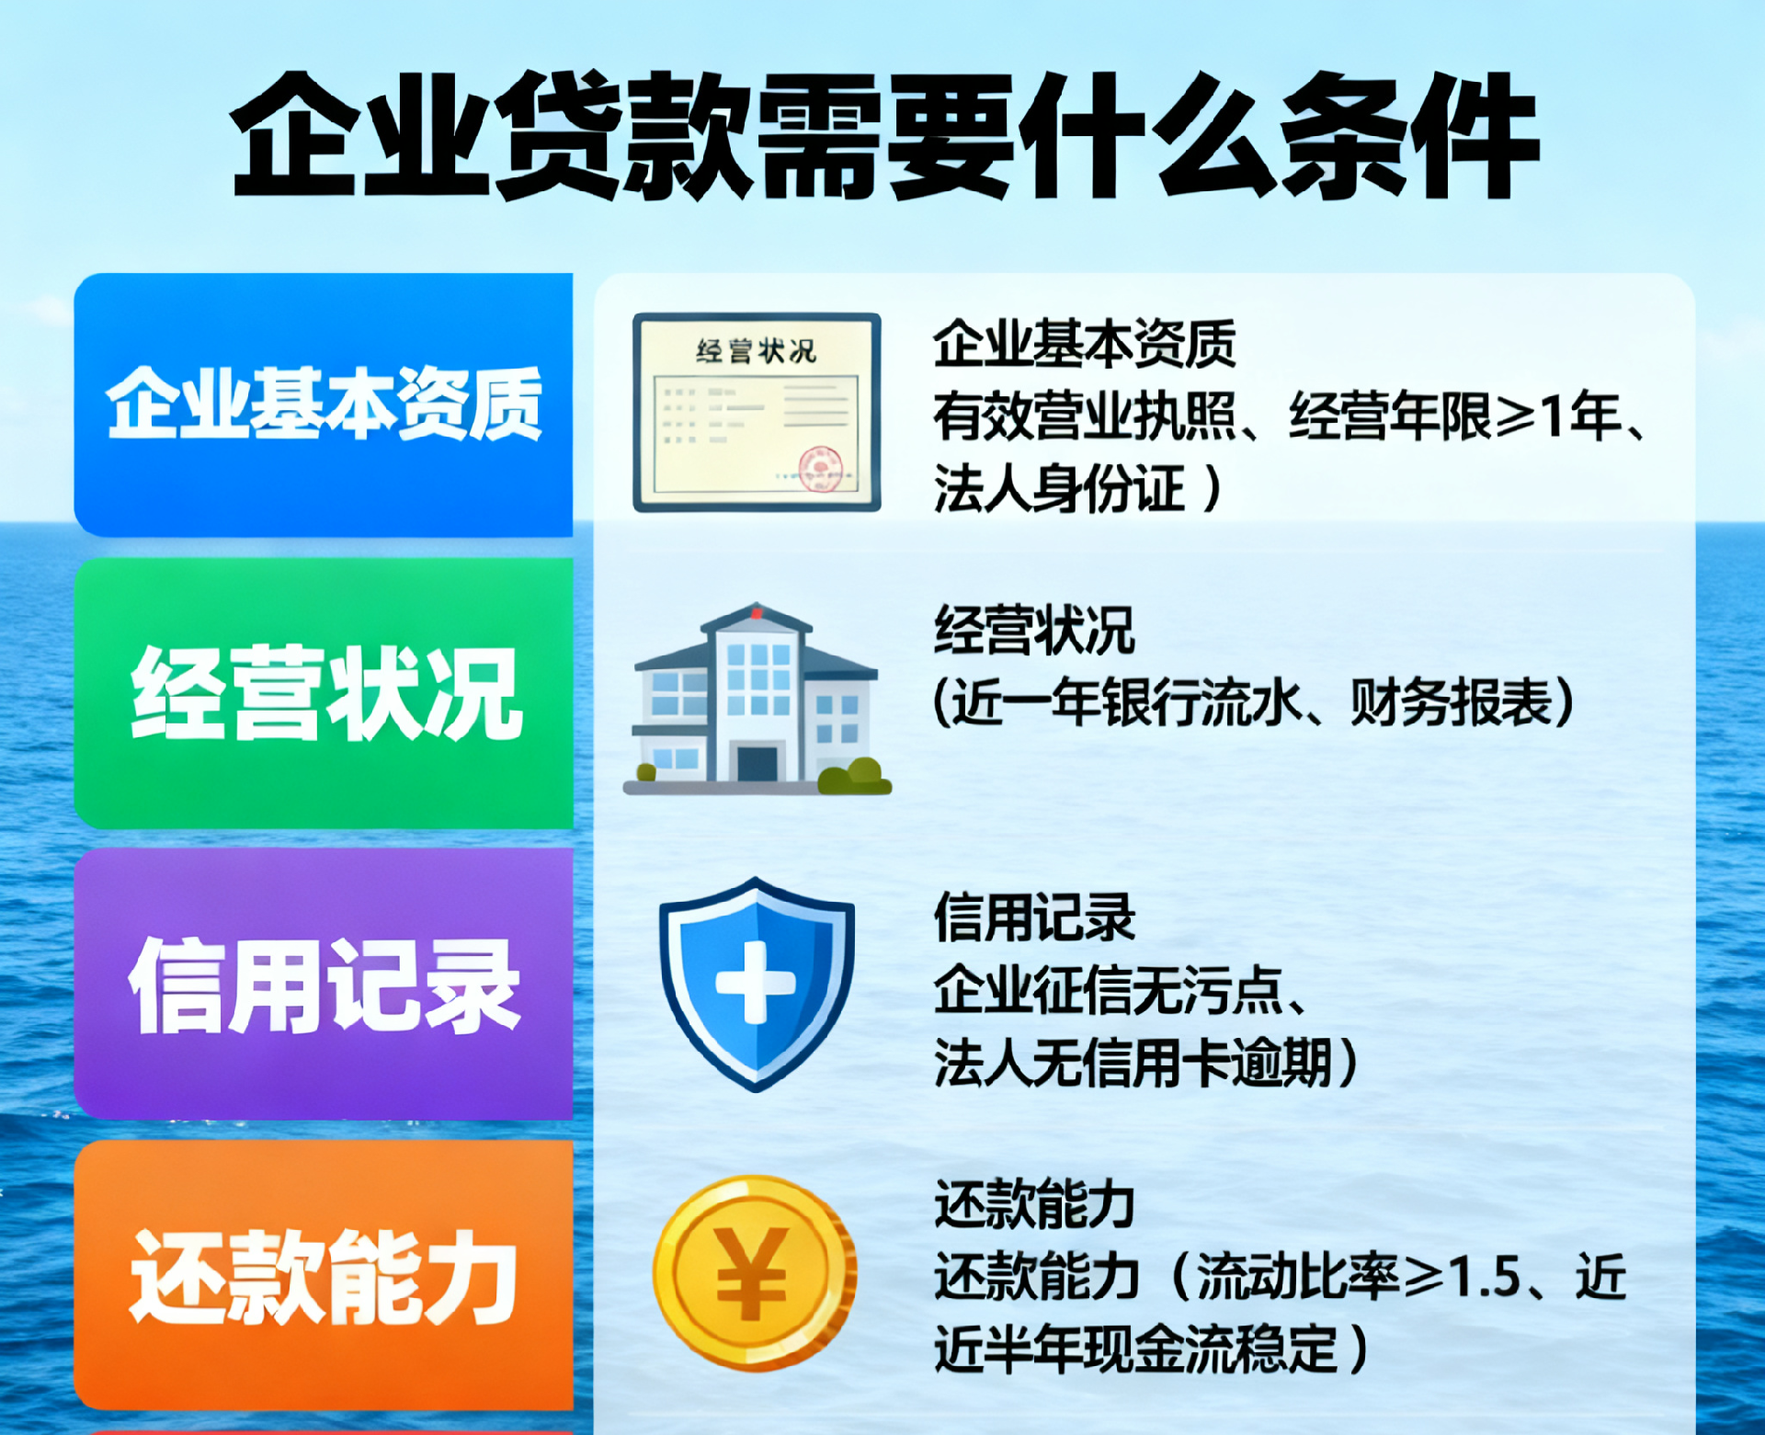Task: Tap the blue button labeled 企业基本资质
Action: [324, 404]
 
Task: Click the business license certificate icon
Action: [757, 412]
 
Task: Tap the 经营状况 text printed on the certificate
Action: [757, 350]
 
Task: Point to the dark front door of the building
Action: [757, 763]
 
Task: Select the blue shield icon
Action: [757, 984]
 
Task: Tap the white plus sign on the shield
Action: [756, 983]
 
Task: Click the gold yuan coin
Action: [755, 1273]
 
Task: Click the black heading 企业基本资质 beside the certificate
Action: [1085, 344]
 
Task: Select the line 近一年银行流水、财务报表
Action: [1254, 702]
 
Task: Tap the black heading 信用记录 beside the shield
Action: [1034, 917]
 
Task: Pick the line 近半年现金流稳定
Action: [1135, 1350]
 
